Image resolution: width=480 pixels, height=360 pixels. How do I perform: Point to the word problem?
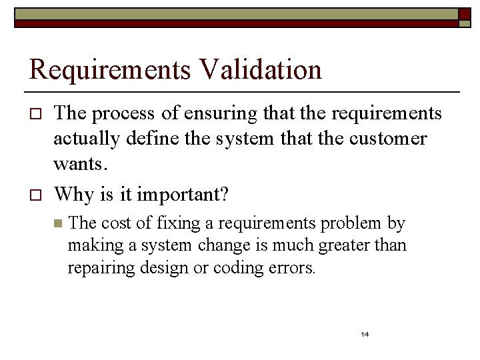coord(353,223)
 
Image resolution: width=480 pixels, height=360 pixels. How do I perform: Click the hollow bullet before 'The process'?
coord(36,115)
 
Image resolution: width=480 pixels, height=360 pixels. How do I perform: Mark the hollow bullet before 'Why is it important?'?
coord(36,195)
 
